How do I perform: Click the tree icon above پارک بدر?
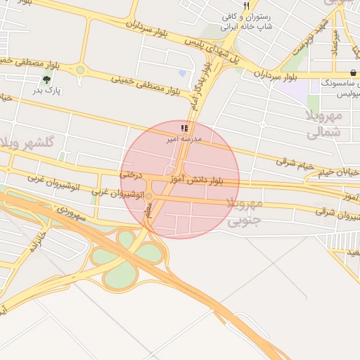47,80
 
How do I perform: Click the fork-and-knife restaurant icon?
247,6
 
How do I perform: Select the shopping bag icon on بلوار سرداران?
352,73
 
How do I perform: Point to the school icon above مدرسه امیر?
184,128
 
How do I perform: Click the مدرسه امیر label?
184,139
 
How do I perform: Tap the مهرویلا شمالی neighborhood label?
324,122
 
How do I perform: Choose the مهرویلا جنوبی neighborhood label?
244,212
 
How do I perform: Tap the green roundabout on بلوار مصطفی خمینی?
80,70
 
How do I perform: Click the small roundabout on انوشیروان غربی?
148,195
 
